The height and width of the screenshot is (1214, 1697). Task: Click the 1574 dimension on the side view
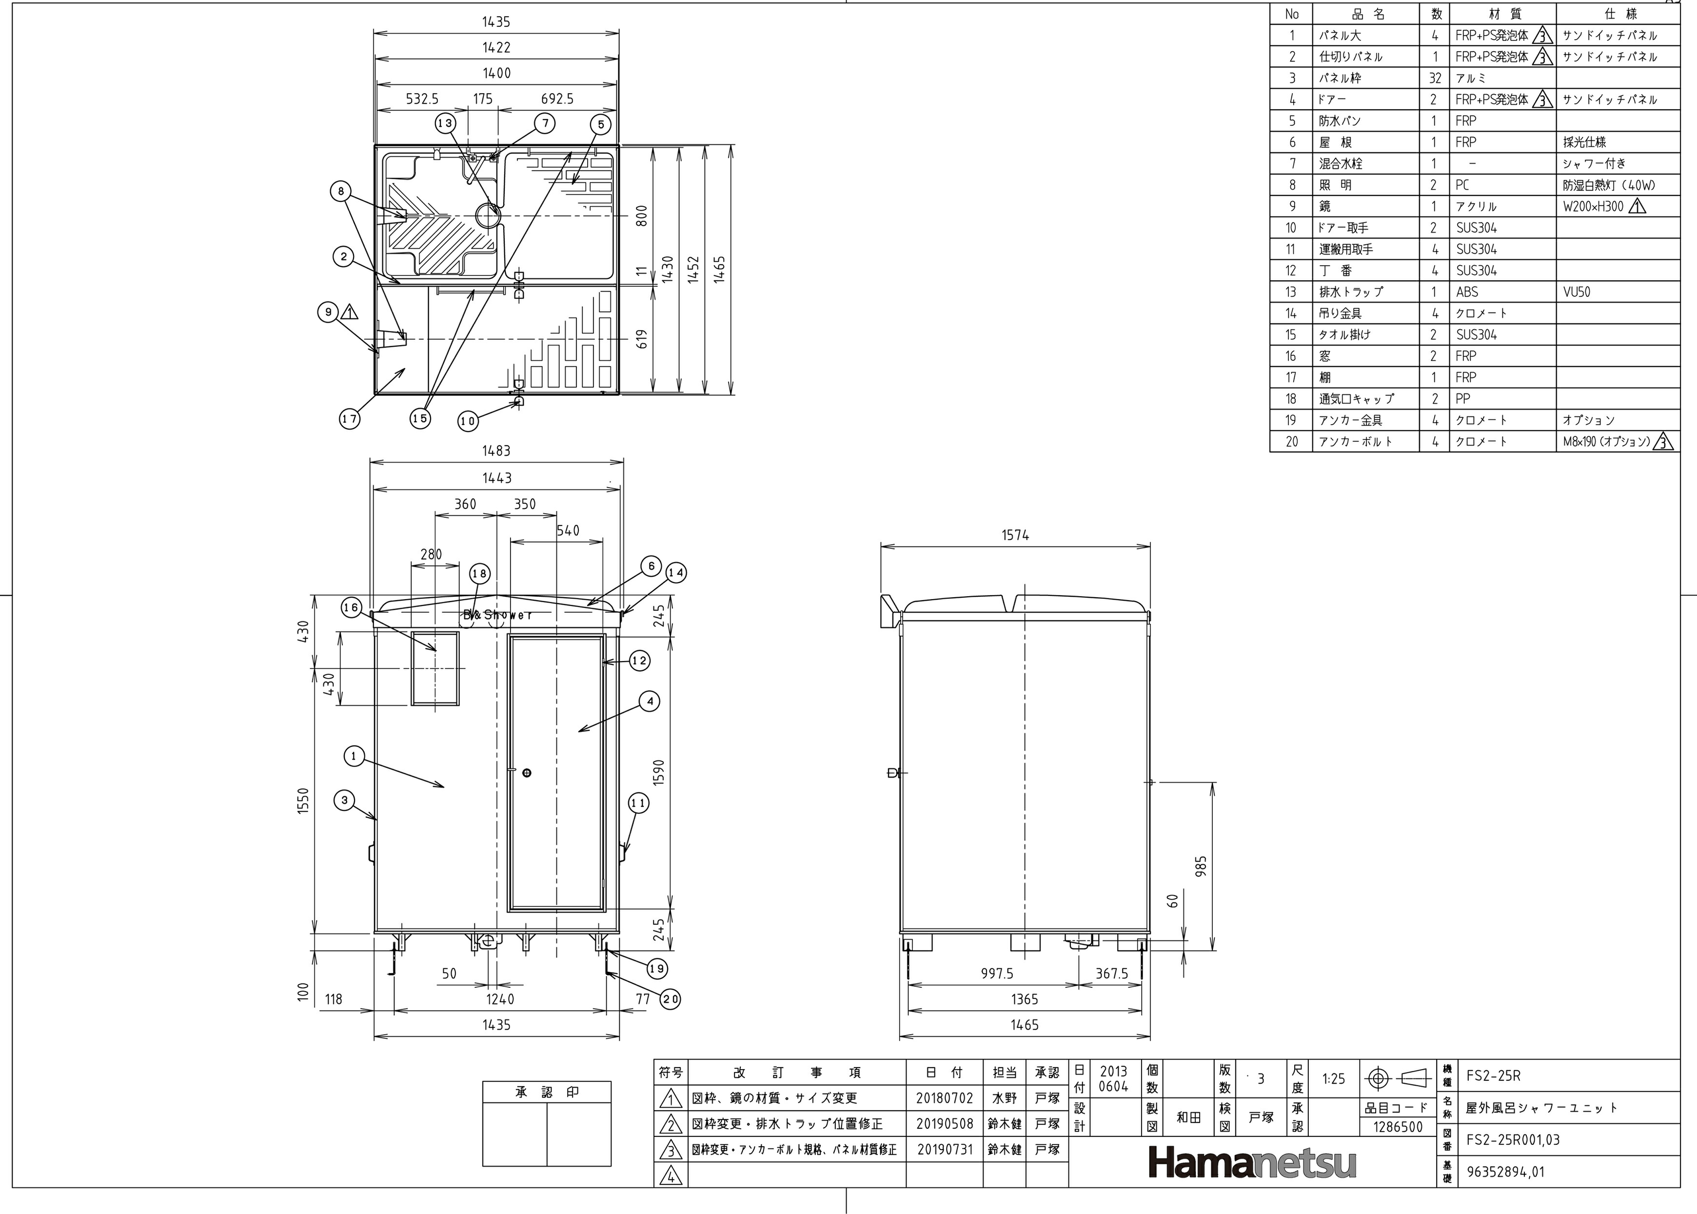pos(1015,535)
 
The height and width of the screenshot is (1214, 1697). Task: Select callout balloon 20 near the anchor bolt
pos(671,999)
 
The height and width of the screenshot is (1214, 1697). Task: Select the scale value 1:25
pos(1334,1078)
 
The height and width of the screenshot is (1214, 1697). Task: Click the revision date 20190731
pos(945,1150)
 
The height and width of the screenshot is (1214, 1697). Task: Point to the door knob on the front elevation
pos(527,772)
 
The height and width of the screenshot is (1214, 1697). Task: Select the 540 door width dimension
pos(568,531)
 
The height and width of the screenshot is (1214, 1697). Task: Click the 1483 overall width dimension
pos(496,451)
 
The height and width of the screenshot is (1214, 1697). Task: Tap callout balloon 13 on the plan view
pos(446,123)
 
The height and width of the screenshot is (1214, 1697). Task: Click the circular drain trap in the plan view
pos(489,216)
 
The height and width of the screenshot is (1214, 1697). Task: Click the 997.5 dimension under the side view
pos(997,973)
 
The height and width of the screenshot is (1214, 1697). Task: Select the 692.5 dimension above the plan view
pos(557,98)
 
